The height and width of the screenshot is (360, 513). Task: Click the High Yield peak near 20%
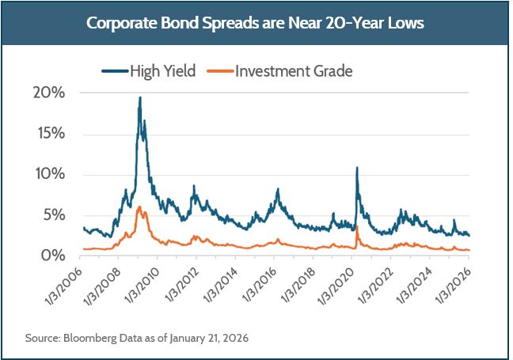tap(139, 98)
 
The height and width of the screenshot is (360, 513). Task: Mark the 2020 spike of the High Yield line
tap(357, 169)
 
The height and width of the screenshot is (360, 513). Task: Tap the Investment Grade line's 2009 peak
tap(139, 207)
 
